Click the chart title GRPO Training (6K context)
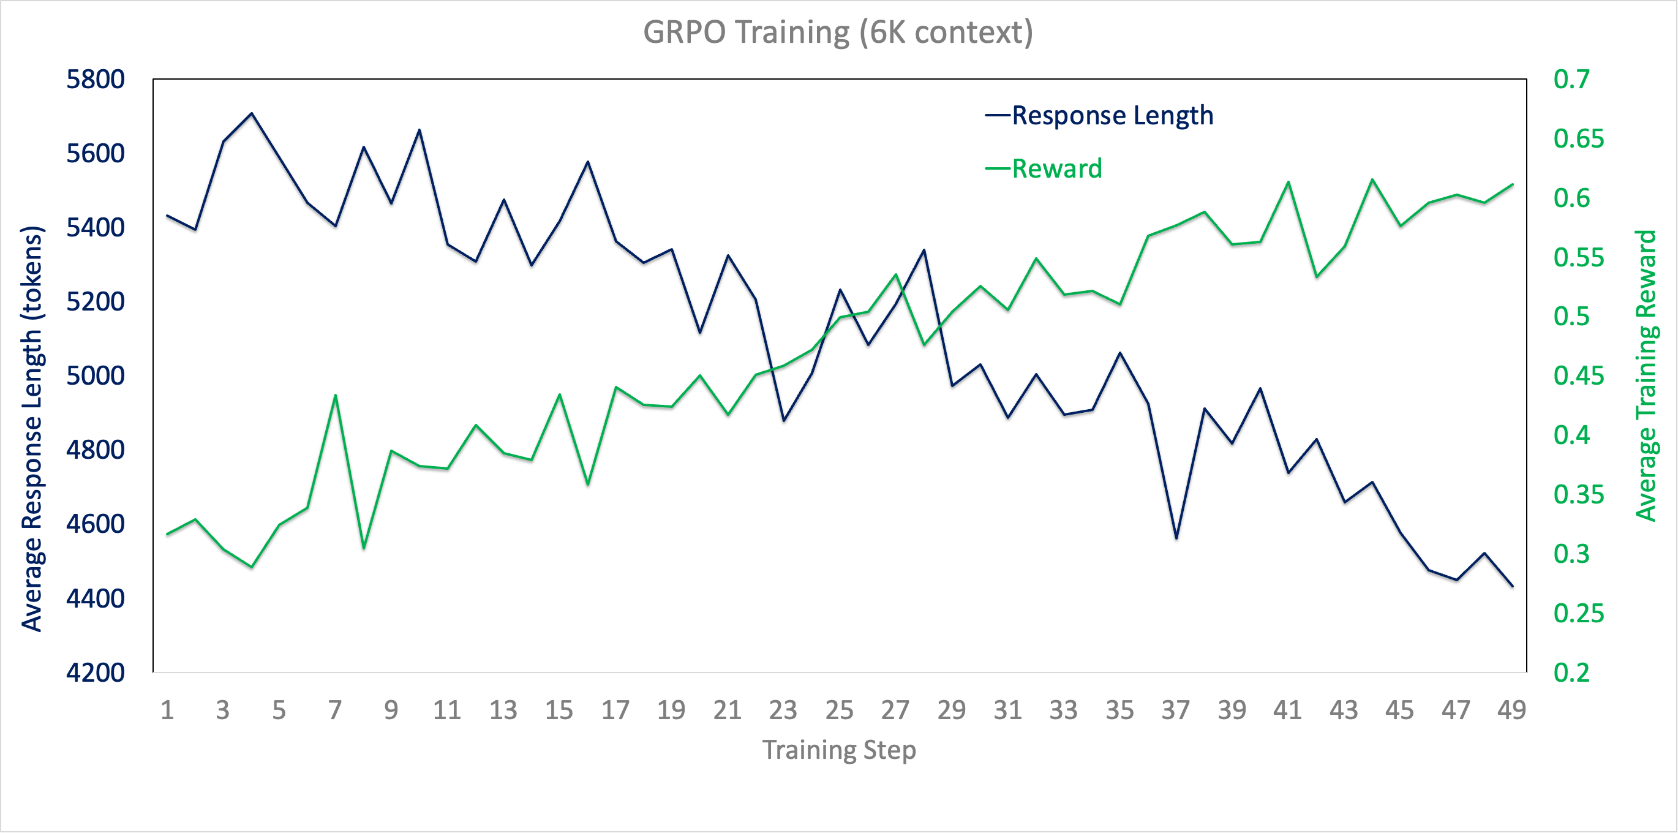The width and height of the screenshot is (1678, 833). [x=838, y=32]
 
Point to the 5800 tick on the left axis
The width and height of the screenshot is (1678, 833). [x=95, y=80]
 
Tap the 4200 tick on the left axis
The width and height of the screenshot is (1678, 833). [x=95, y=672]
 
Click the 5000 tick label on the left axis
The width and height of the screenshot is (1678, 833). [x=95, y=376]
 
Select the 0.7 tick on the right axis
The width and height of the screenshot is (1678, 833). [x=1571, y=80]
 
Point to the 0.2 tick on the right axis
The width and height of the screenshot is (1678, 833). [x=1571, y=672]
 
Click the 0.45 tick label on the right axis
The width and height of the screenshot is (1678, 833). [x=1578, y=376]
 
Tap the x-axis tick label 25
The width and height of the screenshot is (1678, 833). [x=839, y=710]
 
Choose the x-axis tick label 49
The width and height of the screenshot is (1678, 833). [x=1511, y=710]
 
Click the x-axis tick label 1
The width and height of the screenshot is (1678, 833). [x=167, y=710]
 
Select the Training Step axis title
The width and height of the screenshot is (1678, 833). [x=839, y=750]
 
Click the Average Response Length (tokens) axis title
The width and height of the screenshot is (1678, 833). [x=32, y=429]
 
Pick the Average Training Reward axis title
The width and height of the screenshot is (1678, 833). [x=1646, y=376]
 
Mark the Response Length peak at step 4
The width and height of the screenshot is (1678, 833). [x=252, y=113]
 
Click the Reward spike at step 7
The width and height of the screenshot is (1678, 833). [x=336, y=394]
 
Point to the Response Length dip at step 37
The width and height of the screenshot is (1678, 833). [x=1176, y=538]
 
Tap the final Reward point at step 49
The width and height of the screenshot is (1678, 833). [x=1512, y=185]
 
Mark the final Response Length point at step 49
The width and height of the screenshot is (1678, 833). [x=1512, y=586]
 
